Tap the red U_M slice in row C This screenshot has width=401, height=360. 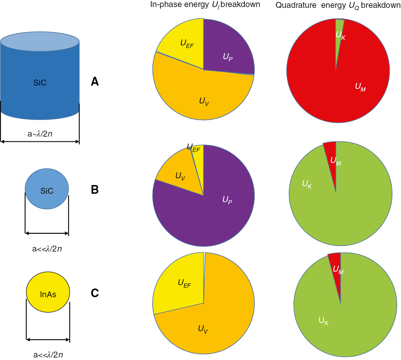tap(337, 266)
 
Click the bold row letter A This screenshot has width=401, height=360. tap(95, 82)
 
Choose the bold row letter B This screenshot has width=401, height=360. tap(95, 190)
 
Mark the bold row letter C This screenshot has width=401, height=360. tap(95, 293)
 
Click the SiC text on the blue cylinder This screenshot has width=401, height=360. tap(40, 83)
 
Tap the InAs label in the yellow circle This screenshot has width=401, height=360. tap(48, 294)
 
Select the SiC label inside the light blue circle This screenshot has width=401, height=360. tap(47, 191)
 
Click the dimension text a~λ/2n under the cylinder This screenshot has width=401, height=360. tap(40, 134)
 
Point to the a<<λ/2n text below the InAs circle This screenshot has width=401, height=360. tap(48, 355)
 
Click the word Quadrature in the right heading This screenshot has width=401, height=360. tap(296, 5)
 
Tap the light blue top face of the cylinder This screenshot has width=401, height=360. tap(40, 41)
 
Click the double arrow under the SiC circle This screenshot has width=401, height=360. tap(47, 233)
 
